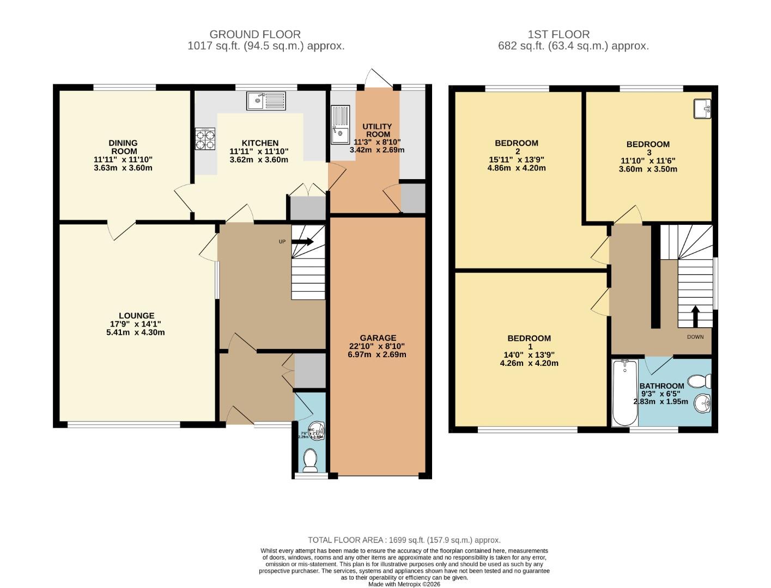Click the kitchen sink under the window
[x=266, y=101]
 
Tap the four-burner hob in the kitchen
[x=205, y=139]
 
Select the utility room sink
[x=340, y=125]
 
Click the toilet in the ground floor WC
[x=310, y=460]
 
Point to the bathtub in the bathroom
[x=624, y=393]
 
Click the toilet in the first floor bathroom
[x=699, y=381]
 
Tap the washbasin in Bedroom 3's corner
[x=702, y=108]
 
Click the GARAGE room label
[x=378, y=338]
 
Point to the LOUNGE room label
[x=136, y=315]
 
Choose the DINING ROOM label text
[x=123, y=147]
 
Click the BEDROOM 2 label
[x=516, y=147]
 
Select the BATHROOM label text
[x=661, y=385]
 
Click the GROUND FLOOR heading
[x=255, y=34]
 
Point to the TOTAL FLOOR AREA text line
[x=404, y=540]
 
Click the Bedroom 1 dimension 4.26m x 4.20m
[x=529, y=363]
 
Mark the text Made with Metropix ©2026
[x=404, y=584]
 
